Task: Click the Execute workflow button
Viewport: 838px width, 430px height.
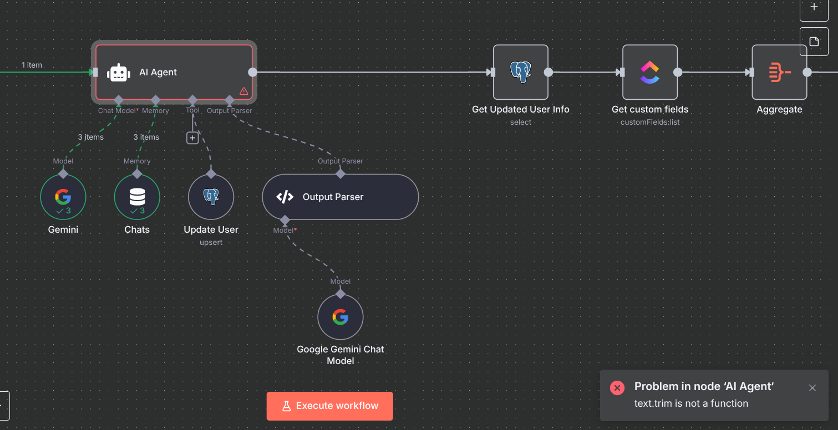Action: click(329, 406)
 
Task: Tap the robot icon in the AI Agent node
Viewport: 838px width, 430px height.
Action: click(119, 72)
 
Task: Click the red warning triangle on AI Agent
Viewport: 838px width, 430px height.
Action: click(243, 91)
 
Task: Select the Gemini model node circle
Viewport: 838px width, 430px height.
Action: click(63, 197)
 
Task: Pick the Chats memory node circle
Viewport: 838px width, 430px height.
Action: click(137, 197)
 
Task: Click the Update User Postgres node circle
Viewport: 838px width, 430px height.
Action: click(211, 197)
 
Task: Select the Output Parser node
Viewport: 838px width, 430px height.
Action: click(341, 197)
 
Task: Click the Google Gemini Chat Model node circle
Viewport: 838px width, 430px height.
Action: click(341, 317)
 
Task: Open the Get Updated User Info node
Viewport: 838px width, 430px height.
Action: click(521, 72)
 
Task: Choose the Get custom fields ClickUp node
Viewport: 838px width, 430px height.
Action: click(650, 72)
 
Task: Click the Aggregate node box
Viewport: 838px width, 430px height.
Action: click(780, 72)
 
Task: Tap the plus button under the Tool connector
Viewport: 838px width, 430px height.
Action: click(192, 138)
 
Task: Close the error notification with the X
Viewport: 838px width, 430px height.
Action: click(812, 388)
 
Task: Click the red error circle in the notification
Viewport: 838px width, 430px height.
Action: click(617, 388)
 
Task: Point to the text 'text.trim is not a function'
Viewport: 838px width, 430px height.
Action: click(692, 403)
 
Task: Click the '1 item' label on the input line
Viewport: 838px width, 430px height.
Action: click(32, 65)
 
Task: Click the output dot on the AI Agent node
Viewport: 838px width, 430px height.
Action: click(253, 72)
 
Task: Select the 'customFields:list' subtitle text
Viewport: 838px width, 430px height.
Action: click(650, 122)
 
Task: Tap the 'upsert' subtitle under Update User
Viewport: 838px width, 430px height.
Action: click(211, 242)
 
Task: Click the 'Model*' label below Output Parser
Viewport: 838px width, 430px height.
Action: click(285, 231)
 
